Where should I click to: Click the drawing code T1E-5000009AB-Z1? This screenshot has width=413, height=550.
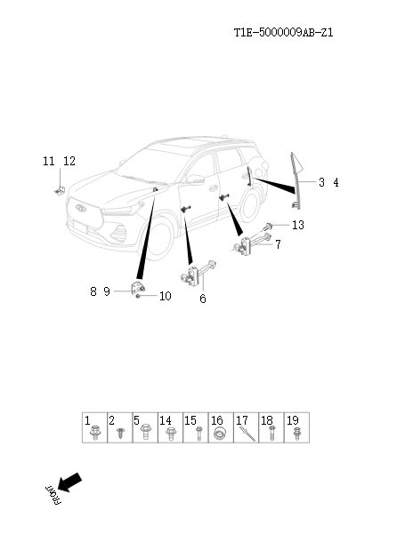click(x=283, y=33)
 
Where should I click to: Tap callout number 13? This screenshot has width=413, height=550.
click(x=297, y=225)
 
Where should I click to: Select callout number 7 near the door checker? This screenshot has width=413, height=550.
click(x=278, y=244)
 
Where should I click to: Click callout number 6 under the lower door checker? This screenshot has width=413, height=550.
click(x=202, y=299)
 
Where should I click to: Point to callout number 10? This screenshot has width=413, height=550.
click(x=165, y=297)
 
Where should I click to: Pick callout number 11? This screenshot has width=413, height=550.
click(x=49, y=161)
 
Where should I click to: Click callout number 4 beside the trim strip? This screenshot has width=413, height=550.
click(x=336, y=182)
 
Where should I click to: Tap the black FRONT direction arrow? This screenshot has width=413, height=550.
click(x=68, y=482)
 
